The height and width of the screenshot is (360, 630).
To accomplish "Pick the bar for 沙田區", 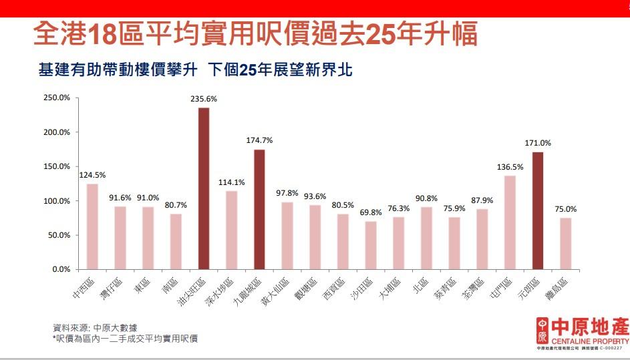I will coord(371,245).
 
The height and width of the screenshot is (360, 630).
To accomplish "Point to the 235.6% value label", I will coord(204,99).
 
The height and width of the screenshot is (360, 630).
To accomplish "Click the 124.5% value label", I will coord(92,175).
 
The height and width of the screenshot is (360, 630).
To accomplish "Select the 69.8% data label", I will coord(371,212).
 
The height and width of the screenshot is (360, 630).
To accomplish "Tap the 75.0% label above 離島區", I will coord(565,209).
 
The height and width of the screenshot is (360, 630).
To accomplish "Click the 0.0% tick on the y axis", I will coord(61,269).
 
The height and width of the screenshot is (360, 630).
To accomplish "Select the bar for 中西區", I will coord(92,226).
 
